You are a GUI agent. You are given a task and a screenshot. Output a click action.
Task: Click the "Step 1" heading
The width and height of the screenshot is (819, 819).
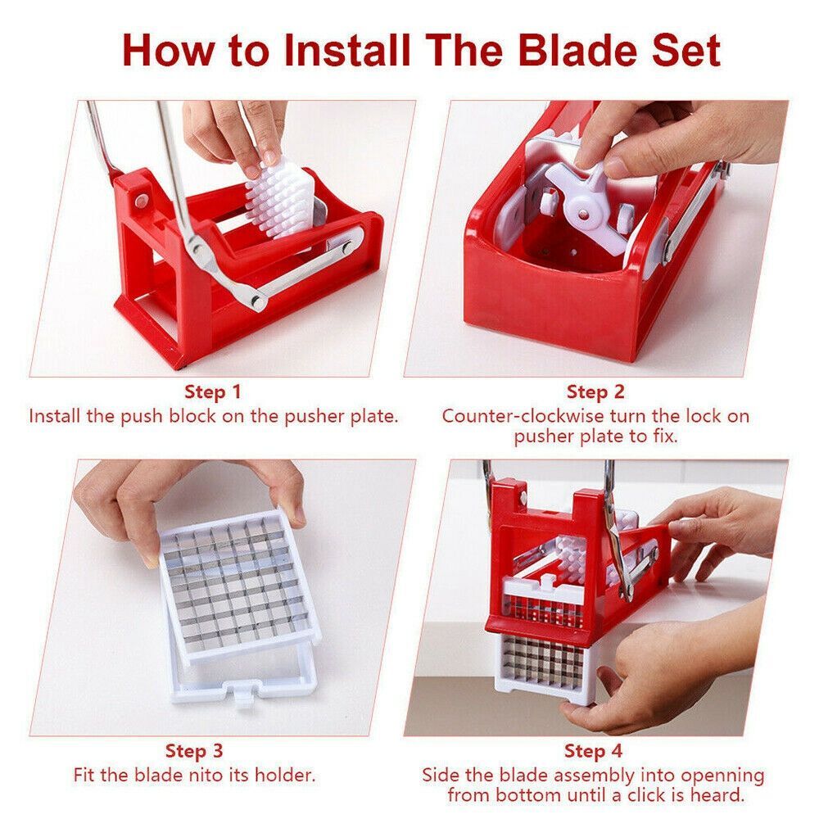213,391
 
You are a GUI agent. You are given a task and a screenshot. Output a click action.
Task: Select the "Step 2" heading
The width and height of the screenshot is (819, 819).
595,392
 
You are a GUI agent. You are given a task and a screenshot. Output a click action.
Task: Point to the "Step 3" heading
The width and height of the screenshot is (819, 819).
194,750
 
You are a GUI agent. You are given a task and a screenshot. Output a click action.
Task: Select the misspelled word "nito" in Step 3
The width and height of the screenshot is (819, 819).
186,774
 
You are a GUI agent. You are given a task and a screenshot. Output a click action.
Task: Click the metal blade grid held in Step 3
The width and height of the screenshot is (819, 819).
229,581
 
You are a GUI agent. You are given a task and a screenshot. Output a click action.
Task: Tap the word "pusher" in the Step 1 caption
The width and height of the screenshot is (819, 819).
313,416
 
